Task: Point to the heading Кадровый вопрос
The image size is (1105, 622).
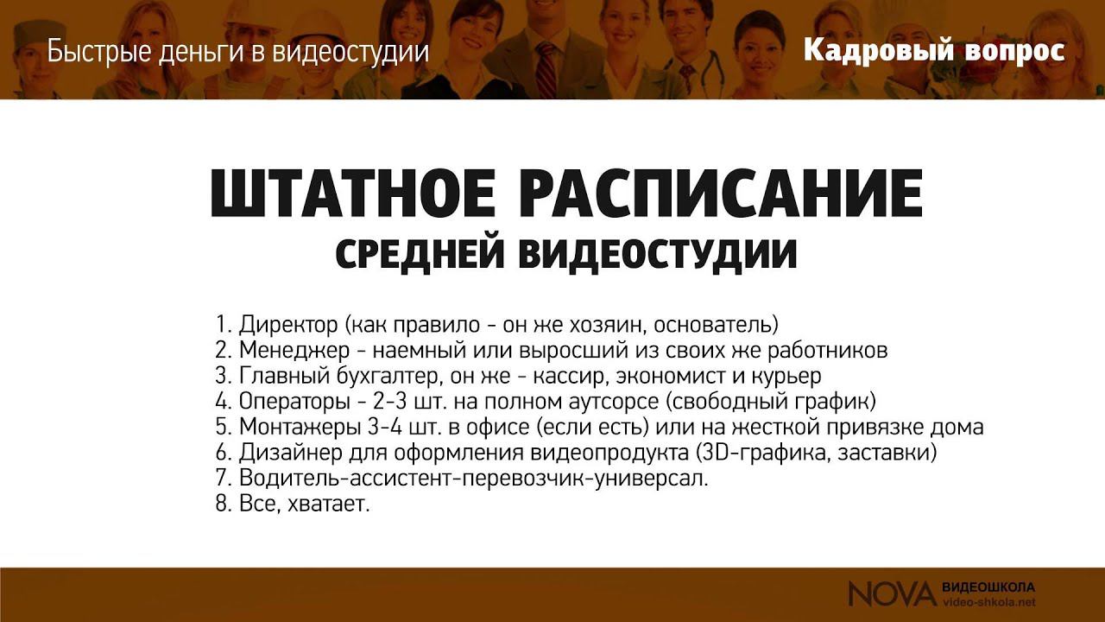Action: (x=934, y=51)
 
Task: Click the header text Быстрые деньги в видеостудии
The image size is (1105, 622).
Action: (x=238, y=52)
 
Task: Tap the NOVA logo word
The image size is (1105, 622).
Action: (x=891, y=593)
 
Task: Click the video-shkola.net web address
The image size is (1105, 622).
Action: (x=989, y=601)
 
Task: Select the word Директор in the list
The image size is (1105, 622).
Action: (x=289, y=326)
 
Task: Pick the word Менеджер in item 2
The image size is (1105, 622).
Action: (x=292, y=352)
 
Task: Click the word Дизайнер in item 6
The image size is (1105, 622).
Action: (x=286, y=453)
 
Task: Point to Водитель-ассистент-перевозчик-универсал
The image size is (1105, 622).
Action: (x=474, y=479)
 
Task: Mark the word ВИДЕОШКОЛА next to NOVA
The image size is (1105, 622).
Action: (x=989, y=587)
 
